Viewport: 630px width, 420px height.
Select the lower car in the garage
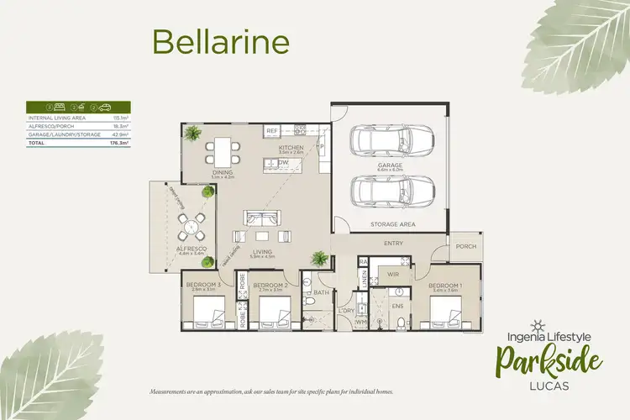pos(393,192)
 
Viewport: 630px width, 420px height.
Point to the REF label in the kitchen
pos(271,133)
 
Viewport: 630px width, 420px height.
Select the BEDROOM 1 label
pos(445,285)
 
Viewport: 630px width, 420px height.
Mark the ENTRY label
pos(393,244)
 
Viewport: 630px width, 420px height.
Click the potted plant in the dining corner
pos(194,134)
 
